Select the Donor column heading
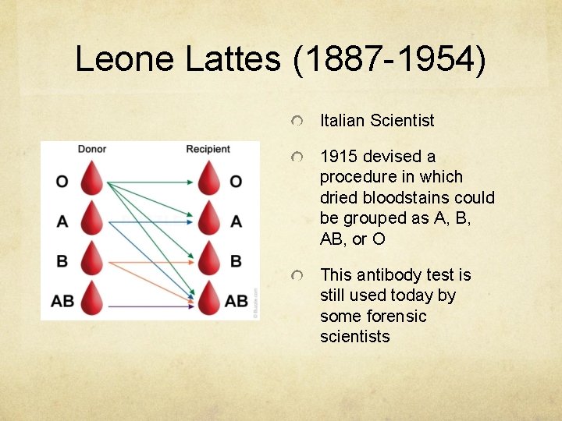coord(92,149)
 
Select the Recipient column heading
coord(208,149)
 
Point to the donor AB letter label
coord(63,301)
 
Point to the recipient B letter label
coord(236,261)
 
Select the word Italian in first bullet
coord(343,120)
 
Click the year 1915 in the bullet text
coord(339,157)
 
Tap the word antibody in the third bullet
coord(386,275)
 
